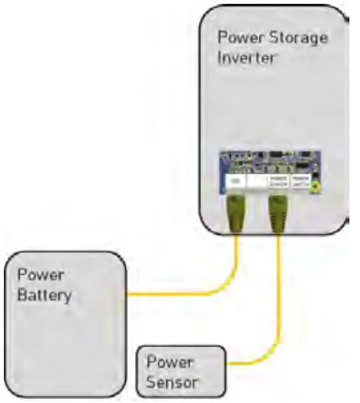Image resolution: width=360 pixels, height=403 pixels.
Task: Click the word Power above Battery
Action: [x=41, y=275]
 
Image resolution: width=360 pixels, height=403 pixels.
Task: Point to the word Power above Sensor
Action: [x=170, y=362]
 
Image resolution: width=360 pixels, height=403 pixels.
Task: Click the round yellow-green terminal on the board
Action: [x=315, y=188]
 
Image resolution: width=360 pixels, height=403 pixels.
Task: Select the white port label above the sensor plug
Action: [x=278, y=181]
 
